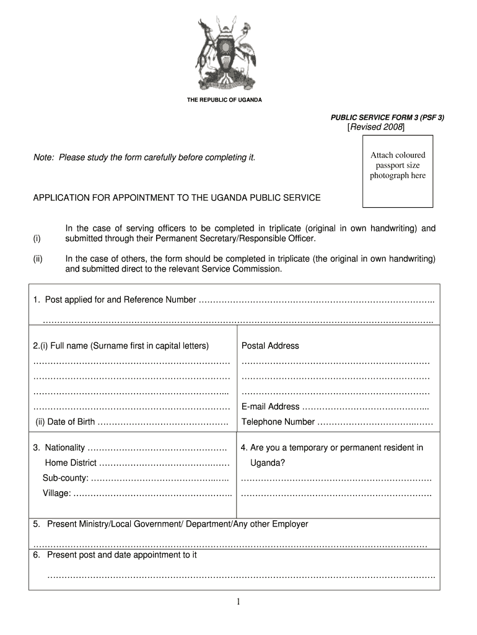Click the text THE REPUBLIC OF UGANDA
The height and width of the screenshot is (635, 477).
224,100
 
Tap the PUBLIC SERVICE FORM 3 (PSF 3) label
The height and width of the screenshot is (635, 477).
387,117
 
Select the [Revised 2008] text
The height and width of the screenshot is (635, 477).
376,127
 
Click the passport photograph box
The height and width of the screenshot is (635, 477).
398,174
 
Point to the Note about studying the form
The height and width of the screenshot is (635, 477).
144,158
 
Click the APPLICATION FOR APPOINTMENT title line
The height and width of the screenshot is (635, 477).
177,198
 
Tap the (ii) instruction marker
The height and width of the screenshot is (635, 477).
38,259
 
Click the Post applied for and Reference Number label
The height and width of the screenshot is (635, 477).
115,300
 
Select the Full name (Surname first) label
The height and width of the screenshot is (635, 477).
121,345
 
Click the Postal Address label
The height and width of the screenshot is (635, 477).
270,345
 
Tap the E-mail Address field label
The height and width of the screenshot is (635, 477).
271,407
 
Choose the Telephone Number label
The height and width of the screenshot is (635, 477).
278,422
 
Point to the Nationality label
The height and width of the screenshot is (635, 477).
59,448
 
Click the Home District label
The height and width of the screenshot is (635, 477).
71,463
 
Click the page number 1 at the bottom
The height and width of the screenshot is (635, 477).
238,602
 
